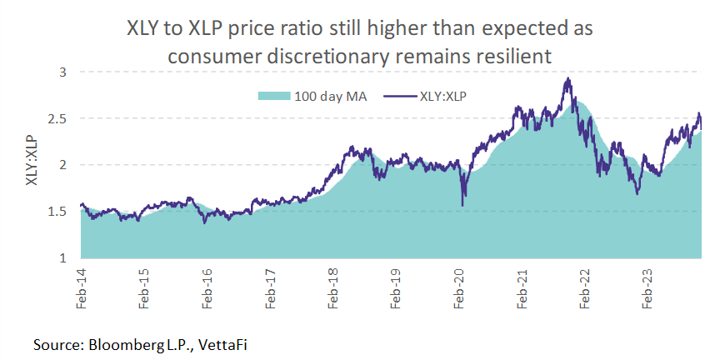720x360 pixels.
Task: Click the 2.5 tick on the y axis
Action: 58,119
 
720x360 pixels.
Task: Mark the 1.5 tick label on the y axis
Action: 58,212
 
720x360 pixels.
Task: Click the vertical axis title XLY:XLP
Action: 32,165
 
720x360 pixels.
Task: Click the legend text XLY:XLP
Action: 445,95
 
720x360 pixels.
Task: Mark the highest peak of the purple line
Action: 567,78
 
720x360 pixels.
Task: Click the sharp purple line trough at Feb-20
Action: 462,205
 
